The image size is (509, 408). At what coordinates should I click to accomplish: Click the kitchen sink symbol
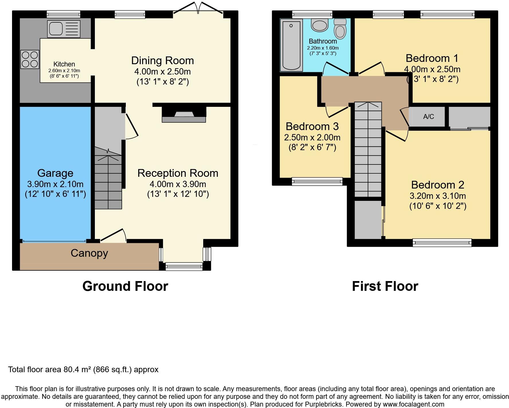pos(64,29)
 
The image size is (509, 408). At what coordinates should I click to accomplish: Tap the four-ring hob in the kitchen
pos(30,59)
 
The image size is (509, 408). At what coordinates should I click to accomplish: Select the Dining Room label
pos(163,61)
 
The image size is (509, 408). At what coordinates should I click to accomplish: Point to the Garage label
pos(55,173)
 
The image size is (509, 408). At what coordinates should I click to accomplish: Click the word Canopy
pos(89,253)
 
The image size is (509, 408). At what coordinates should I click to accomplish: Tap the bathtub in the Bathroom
pos(291,45)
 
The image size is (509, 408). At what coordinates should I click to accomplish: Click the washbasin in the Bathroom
pos(320,25)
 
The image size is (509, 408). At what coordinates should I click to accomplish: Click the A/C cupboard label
pos(428,117)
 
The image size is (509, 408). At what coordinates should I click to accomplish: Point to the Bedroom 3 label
pos(312,126)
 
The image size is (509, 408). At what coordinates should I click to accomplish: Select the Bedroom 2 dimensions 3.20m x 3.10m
pos(438,196)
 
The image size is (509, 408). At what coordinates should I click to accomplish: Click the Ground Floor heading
pos(125,286)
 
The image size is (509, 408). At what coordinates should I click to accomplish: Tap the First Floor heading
pos(385,286)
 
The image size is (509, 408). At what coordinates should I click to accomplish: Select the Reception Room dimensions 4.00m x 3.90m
pos(178,184)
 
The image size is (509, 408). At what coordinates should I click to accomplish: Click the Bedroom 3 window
pos(317,181)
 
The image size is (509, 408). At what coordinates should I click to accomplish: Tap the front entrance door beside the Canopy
pos(113,235)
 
